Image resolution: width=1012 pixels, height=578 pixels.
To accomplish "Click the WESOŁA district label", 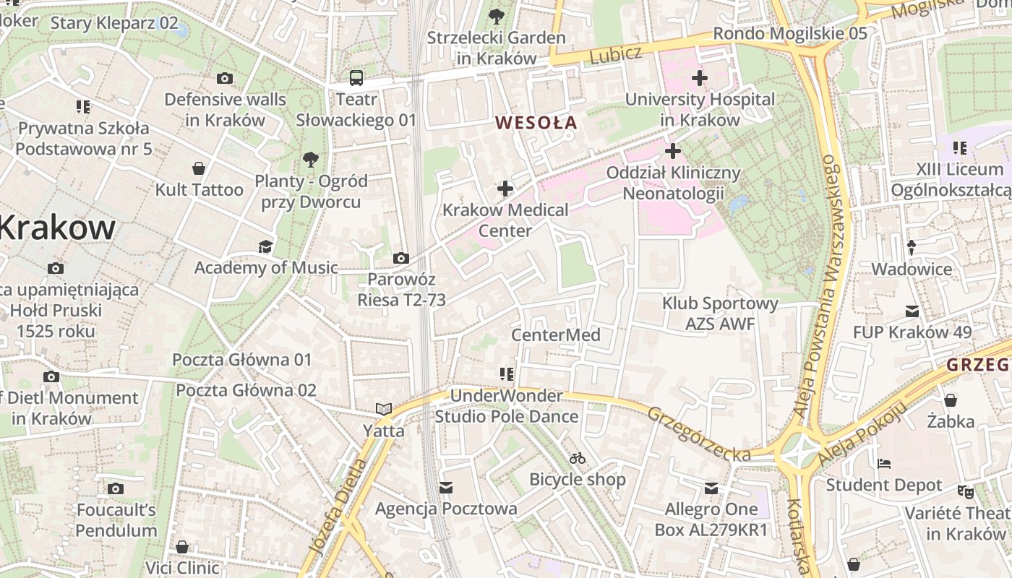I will [536, 123].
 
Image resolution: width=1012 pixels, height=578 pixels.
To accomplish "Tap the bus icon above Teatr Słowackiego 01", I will [356, 78].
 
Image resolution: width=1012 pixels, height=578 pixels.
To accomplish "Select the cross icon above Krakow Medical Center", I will [505, 189].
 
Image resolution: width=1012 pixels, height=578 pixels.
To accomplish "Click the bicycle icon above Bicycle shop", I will [577, 458].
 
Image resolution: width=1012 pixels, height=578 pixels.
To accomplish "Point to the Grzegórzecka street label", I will [698, 434].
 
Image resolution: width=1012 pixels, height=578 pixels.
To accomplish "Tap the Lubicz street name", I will [615, 54].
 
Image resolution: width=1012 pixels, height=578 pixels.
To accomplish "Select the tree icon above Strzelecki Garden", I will [496, 16].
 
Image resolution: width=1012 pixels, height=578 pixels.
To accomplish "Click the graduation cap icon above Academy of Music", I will [265, 247].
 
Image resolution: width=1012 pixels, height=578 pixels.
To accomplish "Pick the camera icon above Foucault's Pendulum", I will [116, 489].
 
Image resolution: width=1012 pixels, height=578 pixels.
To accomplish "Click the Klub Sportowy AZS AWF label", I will [720, 314].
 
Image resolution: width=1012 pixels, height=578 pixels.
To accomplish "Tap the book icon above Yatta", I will [383, 410].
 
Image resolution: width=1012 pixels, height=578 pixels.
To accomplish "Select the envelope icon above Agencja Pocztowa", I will [446, 488].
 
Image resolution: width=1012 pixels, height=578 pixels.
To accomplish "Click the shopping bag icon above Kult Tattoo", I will [199, 169].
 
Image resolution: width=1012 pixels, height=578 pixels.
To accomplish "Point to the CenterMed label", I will [555, 335].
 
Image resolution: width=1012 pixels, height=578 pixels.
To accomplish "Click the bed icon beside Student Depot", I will [883, 464].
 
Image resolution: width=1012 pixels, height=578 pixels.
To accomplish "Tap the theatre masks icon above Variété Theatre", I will [965, 492].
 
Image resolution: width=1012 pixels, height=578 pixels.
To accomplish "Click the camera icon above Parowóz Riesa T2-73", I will [400, 259].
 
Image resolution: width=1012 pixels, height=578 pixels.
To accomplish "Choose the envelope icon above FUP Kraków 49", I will [912, 311].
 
